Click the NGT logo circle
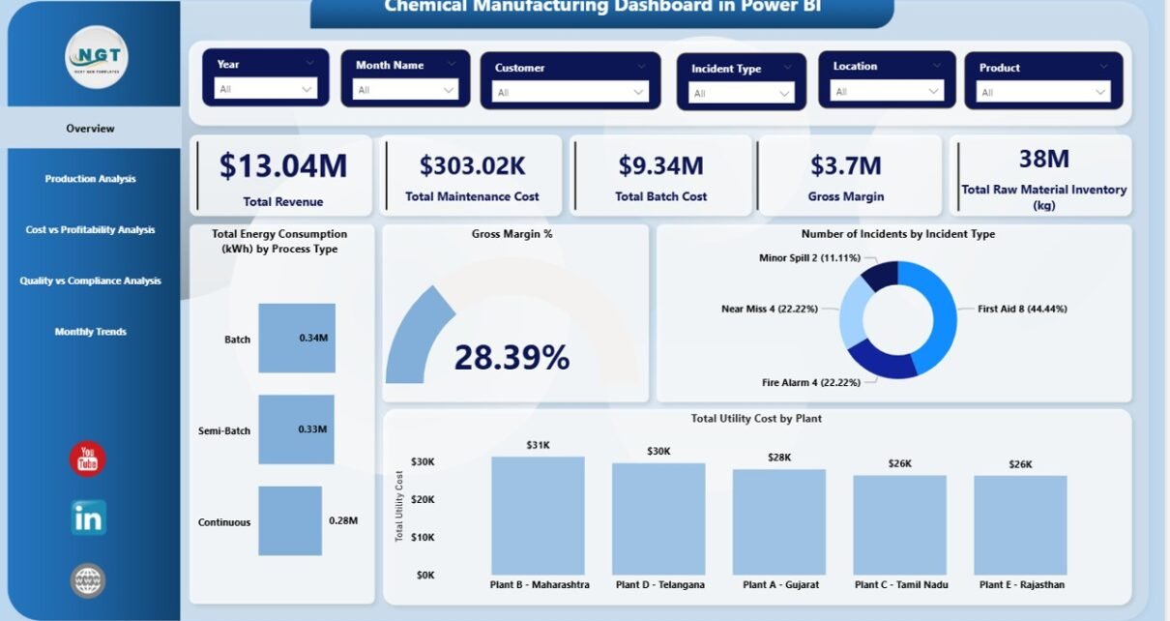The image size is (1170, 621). click(95, 56)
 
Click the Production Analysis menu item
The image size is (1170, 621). click(90, 179)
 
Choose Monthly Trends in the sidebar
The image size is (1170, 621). click(90, 332)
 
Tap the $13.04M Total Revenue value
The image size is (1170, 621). click(283, 166)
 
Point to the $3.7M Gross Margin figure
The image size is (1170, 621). click(846, 165)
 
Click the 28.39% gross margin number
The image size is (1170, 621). click(512, 358)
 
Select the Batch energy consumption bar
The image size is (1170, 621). click(297, 339)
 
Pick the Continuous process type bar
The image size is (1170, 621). click(290, 520)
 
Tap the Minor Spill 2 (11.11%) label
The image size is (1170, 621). click(810, 259)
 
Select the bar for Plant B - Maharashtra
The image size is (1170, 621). click(538, 516)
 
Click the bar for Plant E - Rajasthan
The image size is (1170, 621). click(1020, 525)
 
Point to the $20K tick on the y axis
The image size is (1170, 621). click(423, 499)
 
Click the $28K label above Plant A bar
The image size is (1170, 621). click(779, 458)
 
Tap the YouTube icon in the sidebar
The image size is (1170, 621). click(88, 458)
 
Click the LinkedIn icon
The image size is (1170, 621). click(88, 517)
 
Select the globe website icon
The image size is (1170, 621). click(88, 580)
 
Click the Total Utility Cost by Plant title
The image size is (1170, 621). click(756, 419)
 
